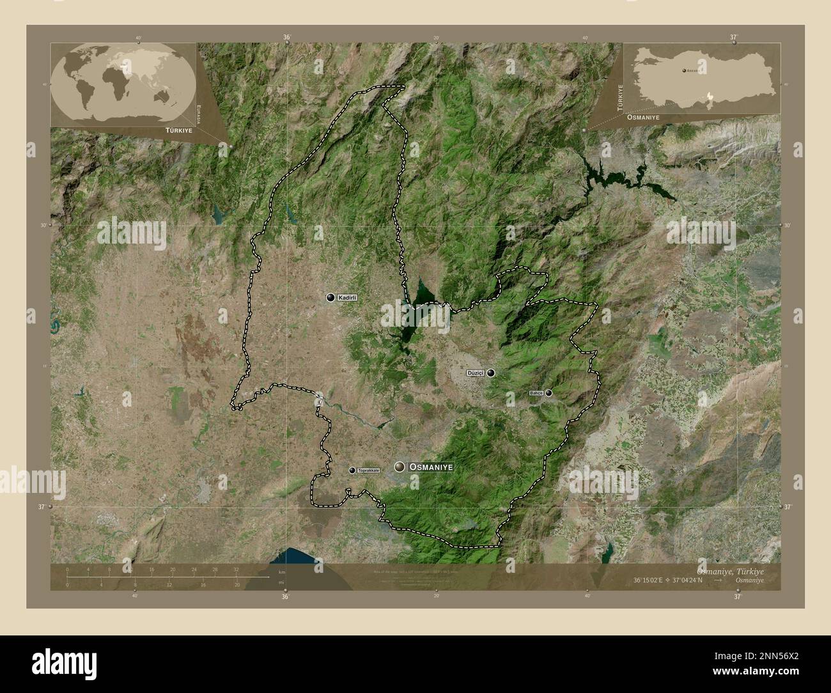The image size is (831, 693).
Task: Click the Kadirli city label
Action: coord(347,298)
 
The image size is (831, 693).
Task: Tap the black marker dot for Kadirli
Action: coord(330,297)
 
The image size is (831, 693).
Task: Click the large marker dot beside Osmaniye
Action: coord(400,467)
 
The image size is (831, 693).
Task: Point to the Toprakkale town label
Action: coord(369,471)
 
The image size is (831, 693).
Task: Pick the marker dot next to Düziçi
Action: coord(491,373)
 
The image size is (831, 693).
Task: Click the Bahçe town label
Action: coord(536,393)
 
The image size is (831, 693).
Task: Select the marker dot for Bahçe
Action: coord(548,393)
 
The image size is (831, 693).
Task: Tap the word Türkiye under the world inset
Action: coord(178,130)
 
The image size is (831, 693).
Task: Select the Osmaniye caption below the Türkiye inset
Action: coord(643,118)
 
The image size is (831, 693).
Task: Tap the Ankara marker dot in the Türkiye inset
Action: coord(685,70)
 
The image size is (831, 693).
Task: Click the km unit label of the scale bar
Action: coord(281,572)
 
